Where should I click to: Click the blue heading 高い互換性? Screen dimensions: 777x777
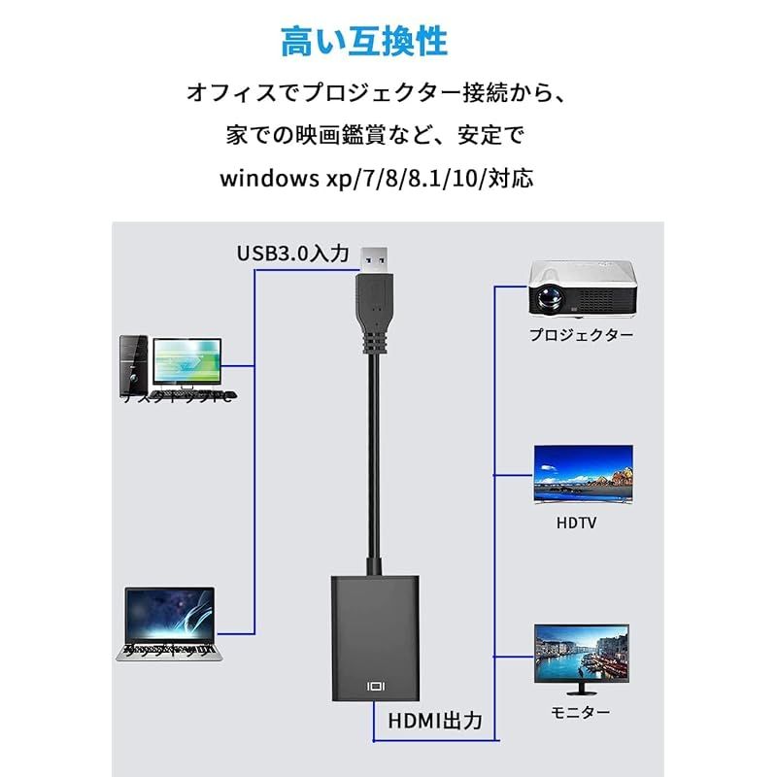click(x=363, y=42)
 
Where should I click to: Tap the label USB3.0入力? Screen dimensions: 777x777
click(x=292, y=253)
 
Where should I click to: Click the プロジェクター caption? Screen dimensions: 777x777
click(x=581, y=335)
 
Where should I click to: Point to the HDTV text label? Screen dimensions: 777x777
click(x=577, y=523)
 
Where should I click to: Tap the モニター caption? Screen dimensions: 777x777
click(x=582, y=712)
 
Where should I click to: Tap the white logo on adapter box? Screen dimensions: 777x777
click(x=377, y=686)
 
